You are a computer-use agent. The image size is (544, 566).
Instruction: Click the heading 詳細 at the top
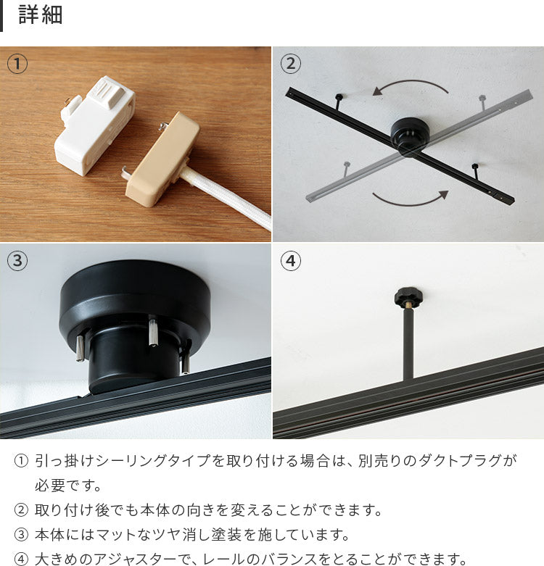coord(41,14)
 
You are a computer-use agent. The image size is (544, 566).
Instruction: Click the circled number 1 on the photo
coord(17,64)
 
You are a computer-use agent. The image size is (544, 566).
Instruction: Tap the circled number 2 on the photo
coord(290,64)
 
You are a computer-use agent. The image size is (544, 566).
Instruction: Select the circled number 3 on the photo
coord(17,261)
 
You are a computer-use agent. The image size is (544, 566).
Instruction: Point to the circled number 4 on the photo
coord(290,261)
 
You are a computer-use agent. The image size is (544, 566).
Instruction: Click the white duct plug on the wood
coord(94,126)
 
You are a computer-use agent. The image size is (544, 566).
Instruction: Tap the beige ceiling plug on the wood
coord(162,159)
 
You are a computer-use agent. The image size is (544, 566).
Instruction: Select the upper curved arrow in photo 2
coord(410,82)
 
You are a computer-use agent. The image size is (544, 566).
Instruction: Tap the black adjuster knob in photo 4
coord(408,297)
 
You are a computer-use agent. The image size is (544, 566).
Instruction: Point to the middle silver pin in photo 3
coord(152,330)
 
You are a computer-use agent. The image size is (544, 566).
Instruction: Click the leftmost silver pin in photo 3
coord(81,348)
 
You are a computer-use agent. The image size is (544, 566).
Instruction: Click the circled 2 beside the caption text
coord(21,510)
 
